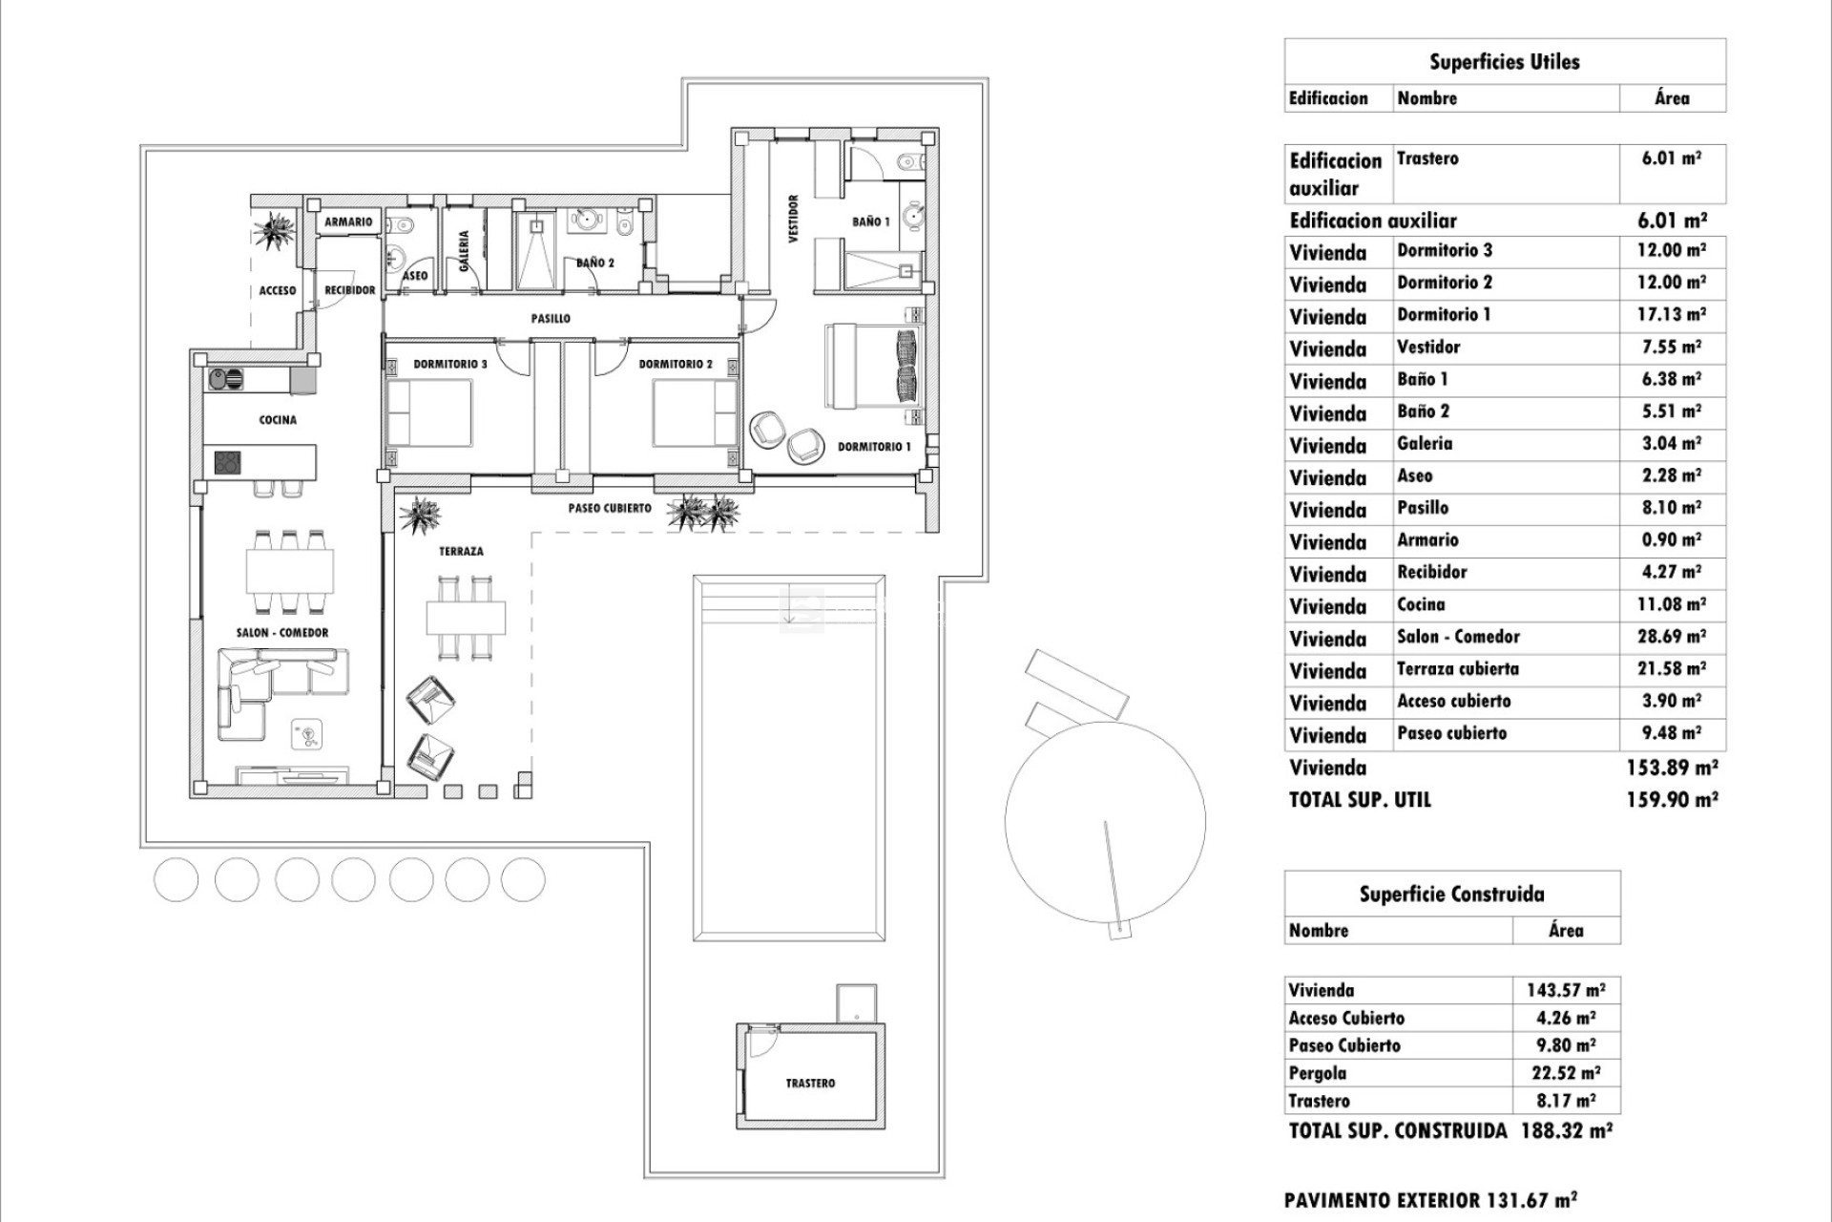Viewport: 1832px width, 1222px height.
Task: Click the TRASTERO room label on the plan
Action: coord(810,1084)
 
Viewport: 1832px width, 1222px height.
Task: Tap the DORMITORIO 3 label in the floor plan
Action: coord(450,364)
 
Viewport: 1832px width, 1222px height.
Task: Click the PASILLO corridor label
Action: coord(551,319)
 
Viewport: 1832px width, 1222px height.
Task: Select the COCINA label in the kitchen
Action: coord(278,420)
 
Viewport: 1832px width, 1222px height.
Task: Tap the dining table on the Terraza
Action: coord(466,618)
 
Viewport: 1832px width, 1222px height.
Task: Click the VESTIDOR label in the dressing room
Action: coord(793,220)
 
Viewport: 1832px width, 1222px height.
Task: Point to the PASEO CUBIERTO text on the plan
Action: coord(610,508)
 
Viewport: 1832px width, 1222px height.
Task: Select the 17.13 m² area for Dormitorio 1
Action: coord(1671,315)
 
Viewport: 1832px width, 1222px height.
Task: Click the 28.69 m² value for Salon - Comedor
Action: coord(1671,637)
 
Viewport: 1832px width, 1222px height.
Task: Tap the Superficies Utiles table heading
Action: coord(1504,62)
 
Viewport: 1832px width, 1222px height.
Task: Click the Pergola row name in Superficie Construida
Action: coord(1317,1073)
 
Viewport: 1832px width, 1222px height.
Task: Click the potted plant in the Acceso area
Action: coord(277,231)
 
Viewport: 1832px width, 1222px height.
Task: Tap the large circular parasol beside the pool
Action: coord(1105,821)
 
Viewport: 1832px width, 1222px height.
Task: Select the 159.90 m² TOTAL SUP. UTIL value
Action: coord(1672,800)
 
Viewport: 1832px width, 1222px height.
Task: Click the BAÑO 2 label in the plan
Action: coord(594,263)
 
